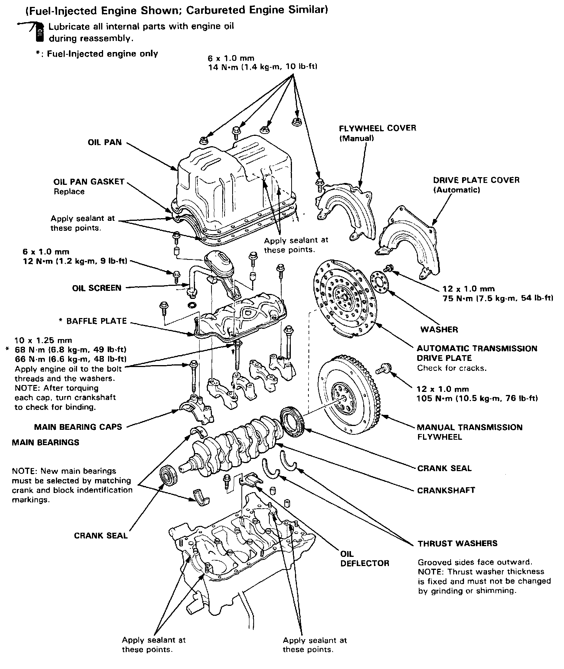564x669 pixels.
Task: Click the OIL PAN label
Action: [x=105, y=142]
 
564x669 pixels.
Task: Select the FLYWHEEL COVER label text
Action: [x=377, y=128]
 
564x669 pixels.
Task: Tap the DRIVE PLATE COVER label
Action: [x=476, y=180]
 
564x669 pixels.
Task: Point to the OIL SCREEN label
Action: [x=97, y=288]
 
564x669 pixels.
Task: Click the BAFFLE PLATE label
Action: [x=96, y=321]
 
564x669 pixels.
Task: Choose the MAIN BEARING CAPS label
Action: [x=78, y=427]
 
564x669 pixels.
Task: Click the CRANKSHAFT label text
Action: [x=446, y=490]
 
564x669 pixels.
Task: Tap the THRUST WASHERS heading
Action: [x=457, y=543]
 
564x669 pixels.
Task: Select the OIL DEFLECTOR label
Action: [x=364, y=558]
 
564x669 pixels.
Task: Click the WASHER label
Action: [x=439, y=330]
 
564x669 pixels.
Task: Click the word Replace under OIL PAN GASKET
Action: [x=69, y=191]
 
